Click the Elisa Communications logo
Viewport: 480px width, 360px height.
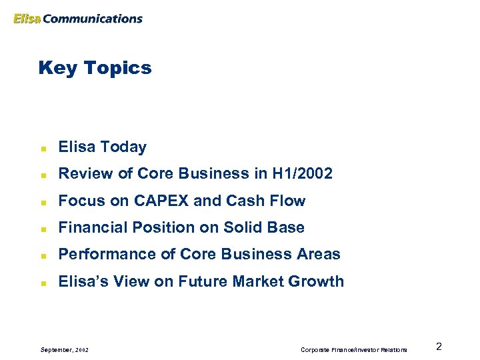[78, 19]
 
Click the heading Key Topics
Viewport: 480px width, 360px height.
[95, 68]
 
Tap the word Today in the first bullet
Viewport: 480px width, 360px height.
[125, 147]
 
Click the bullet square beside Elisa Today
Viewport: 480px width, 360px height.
[42, 148]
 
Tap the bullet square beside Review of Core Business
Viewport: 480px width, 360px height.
[42, 175]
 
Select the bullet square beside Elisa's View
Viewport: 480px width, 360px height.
[42, 282]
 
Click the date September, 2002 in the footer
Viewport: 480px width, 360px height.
[65, 349]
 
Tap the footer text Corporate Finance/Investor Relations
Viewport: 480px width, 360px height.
[353, 349]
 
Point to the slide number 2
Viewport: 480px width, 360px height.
[439, 346]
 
